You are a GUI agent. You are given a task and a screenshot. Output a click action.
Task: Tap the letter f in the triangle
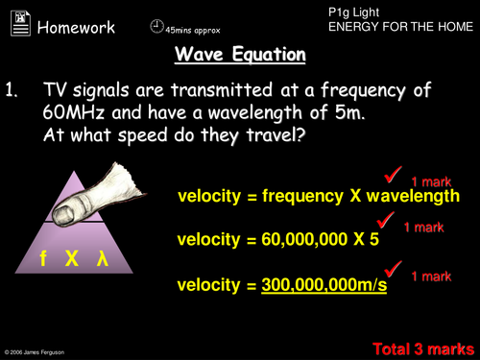click(x=43, y=260)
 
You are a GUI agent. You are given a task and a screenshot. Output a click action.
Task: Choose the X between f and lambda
click(x=72, y=260)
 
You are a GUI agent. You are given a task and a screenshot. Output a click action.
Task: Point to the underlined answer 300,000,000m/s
click(x=324, y=285)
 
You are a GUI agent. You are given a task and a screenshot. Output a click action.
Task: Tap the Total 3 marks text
click(x=422, y=347)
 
